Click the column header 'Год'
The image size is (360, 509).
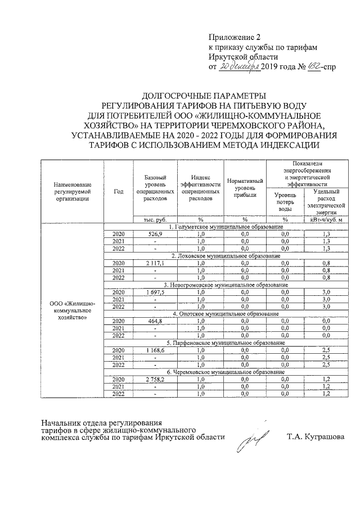(x=118, y=191)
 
